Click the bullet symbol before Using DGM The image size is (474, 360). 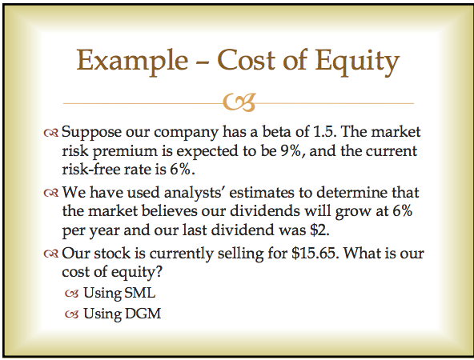(73, 314)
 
